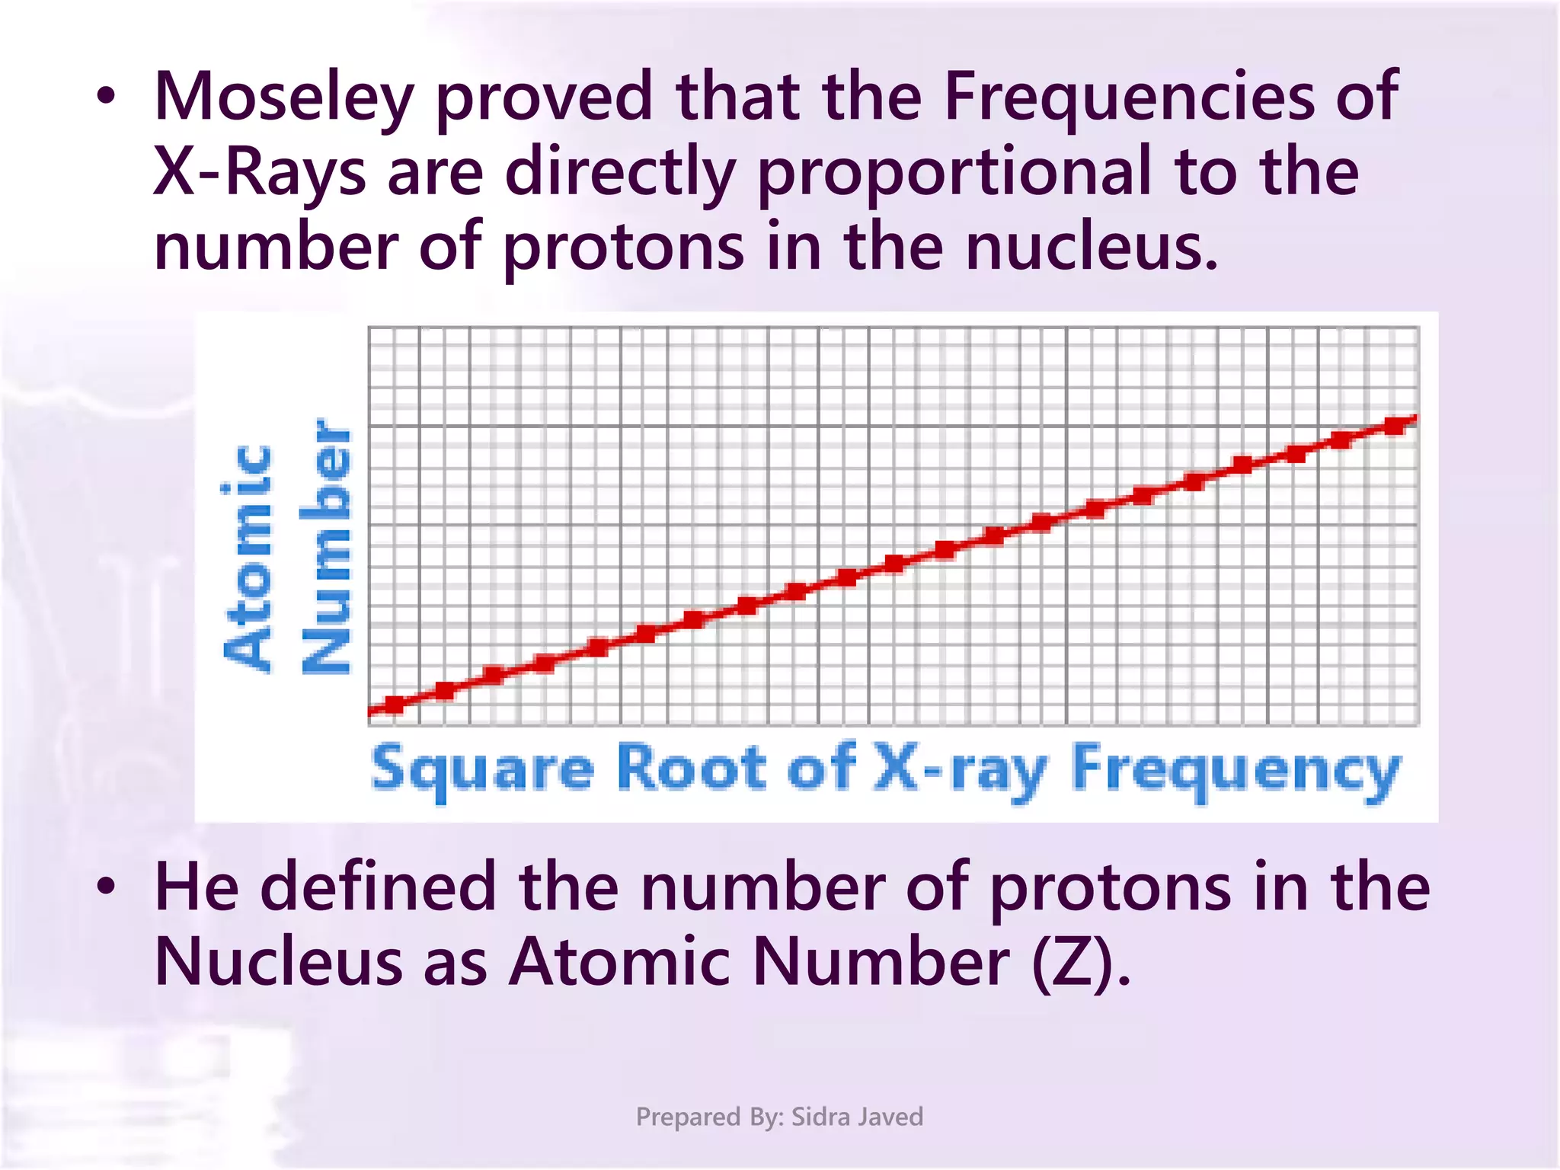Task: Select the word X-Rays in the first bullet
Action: point(260,172)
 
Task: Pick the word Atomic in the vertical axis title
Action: point(248,557)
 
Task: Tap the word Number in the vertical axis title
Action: point(326,545)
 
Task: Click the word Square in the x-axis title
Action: point(482,769)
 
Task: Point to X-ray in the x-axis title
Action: point(961,769)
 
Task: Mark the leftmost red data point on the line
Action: point(395,705)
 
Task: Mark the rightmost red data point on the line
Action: point(1395,425)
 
